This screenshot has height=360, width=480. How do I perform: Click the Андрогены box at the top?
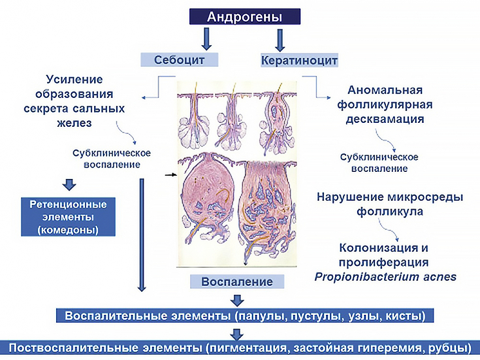(244, 16)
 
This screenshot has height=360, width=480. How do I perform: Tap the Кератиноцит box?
(299, 60)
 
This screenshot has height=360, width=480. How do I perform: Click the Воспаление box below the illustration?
(238, 282)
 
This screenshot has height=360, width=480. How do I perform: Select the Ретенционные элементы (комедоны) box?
(69, 216)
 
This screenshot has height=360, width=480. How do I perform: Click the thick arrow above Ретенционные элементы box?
(67, 183)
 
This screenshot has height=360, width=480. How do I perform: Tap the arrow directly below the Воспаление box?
(238, 299)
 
